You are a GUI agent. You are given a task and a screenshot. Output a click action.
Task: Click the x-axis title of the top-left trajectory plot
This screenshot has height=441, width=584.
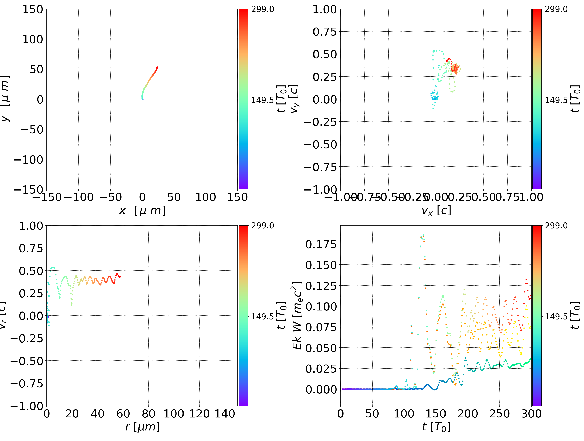(x=143, y=211)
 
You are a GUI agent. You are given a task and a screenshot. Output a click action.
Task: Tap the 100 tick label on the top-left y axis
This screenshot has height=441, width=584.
(x=32, y=39)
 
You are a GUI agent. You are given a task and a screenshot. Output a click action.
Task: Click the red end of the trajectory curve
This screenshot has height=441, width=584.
(x=157, y=67)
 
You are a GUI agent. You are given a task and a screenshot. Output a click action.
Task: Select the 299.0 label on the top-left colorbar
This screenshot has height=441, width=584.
(x=262, y=9)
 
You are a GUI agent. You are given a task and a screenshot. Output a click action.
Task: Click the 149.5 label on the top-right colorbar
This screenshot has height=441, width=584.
(x=556, y=100)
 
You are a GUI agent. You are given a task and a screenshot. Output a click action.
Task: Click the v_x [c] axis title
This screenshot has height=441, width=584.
(x=436, y=211)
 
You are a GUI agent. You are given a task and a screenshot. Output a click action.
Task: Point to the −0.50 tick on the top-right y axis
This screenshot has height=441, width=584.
(x=321, y=144)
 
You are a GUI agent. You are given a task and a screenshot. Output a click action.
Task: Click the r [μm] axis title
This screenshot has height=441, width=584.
(x=143, y=427)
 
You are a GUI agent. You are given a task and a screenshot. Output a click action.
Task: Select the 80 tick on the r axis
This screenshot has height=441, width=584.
(x=148, y=414)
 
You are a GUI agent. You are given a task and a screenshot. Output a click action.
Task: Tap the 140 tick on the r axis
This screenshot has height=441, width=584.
(x=225, y=414)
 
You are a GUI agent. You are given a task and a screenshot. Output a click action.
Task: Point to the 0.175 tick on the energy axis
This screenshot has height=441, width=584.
(x=321, y=244)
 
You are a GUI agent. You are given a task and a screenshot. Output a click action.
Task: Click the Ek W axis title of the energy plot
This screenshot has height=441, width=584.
(x=297, y=315)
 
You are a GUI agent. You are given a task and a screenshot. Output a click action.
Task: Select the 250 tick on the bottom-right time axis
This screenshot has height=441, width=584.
(x=499, y=414)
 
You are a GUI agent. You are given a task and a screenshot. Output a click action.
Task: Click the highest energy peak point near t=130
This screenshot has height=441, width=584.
(x=423, y=235)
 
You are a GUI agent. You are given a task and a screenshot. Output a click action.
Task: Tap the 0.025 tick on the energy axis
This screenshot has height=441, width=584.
(x=321, y=369)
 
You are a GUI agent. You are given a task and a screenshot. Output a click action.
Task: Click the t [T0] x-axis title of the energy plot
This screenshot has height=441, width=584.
(x=436, y=427)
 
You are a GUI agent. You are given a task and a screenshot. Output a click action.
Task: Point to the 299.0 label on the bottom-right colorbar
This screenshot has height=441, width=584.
(x=556, y=226)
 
